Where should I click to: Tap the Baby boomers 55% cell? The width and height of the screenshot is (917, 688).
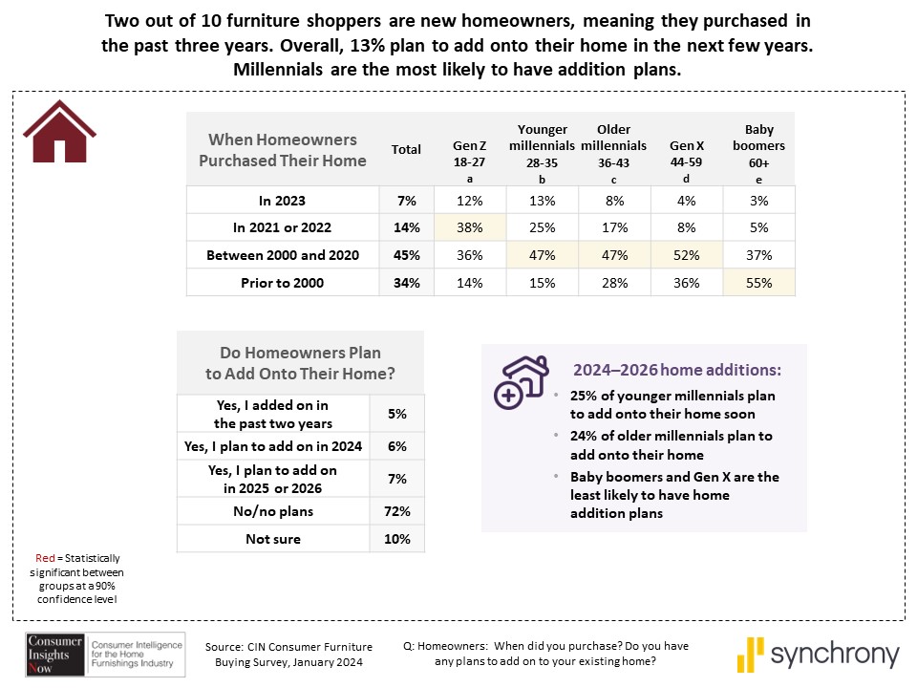click(x=758, y=282)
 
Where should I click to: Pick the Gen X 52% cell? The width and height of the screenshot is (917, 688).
click(x=686, y=255)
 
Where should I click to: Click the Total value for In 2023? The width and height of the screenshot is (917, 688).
click(x=406, y=201)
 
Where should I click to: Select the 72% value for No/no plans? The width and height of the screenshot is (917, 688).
click(x=397, y=511)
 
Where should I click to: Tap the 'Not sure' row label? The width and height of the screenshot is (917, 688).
click(x=273, y=539)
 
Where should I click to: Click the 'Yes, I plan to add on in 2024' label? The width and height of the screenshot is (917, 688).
click(x=273, y=446)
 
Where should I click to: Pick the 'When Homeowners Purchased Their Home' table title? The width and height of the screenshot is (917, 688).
click(x=282, y=150)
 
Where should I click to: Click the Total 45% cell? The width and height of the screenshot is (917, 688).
click(x=406, y=255)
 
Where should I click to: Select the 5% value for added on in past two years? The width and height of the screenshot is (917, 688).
click(x=397, y=415)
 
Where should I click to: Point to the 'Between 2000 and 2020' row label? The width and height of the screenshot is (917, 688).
click(x=282, y=255)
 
